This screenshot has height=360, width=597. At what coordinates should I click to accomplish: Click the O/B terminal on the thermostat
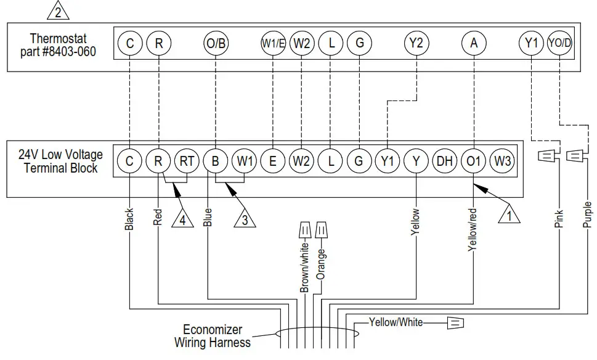tap(216, 43)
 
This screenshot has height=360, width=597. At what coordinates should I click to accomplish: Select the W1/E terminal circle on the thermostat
tap(273, 43)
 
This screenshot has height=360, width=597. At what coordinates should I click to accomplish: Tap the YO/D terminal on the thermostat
tap(559, 43)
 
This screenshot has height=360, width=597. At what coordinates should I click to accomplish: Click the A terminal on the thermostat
tap(474, 43)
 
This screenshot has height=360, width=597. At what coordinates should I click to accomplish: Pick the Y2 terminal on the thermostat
tap(417, 43)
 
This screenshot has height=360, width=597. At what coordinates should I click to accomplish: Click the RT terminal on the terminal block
tap(187, 162)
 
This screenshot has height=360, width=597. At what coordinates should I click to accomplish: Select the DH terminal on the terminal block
tap(445, 162)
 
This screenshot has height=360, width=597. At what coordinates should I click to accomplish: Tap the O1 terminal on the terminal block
tap(474, 162)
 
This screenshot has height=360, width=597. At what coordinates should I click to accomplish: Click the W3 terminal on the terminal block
tap(502, 162)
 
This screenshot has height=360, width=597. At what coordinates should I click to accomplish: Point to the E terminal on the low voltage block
tap(273, 162)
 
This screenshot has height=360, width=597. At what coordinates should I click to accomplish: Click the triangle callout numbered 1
tap(509, 215)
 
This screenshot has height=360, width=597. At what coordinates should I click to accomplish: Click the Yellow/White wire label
tap(396, 322)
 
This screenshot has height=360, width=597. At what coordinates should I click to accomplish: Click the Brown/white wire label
tap(304, 266)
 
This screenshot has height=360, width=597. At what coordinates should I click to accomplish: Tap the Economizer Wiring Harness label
tap(213, 336)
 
